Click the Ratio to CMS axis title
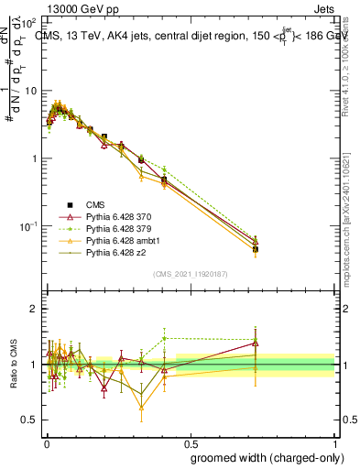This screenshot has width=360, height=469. point(12,365)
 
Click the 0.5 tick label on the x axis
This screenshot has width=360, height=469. point(191,442)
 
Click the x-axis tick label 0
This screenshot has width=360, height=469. point(46,442)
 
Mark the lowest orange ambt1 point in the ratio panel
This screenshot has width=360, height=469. point(141,409)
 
